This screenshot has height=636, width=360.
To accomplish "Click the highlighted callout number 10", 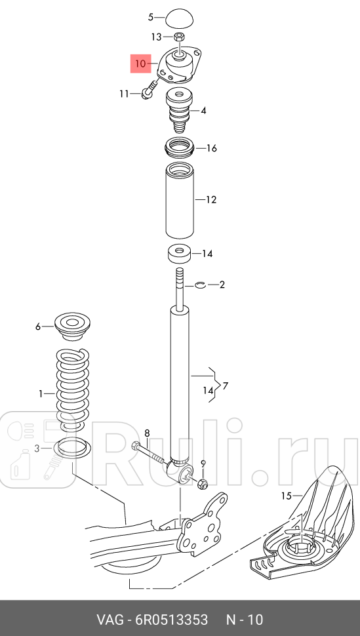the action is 140,64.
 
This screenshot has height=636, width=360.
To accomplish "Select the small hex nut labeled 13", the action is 179,37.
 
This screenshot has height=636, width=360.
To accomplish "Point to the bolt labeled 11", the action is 150,90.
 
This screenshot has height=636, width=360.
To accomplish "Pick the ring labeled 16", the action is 179,148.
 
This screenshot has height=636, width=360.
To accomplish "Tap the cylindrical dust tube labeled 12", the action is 180,201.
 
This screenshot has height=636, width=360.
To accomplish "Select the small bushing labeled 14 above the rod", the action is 180,254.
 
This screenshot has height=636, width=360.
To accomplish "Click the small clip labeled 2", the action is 201,285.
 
